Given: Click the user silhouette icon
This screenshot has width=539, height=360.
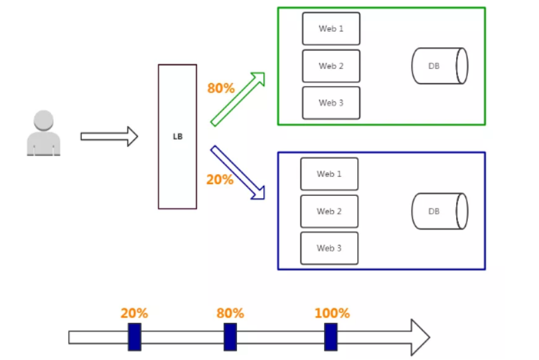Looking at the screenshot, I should pos(44,134).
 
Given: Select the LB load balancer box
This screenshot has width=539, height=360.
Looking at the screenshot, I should pos(177,136).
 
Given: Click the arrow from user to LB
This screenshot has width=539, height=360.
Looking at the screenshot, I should pos(109,137).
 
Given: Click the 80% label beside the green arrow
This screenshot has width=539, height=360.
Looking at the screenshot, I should pos(220,87).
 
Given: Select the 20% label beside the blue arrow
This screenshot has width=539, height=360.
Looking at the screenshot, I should pos(220,179).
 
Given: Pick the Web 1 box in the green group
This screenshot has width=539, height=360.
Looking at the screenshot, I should pos(331,29).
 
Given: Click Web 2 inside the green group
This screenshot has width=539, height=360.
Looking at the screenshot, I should pos(331,66).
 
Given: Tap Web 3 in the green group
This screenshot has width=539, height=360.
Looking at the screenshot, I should pos(331,103).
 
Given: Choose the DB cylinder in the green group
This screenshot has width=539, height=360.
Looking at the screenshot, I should pos(439,66).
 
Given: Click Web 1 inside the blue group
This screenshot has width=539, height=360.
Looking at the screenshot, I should pos(329,174).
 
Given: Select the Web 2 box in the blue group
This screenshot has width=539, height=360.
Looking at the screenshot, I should pos(329,211).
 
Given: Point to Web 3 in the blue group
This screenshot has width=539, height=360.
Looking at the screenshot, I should pos(329,248).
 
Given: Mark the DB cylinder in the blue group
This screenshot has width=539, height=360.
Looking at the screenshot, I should pos(439,211).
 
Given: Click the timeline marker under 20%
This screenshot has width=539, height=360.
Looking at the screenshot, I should pos(135,337).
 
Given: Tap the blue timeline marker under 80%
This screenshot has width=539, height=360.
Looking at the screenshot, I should pos(230,337).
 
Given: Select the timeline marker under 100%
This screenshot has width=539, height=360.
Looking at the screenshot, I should pos(331,337).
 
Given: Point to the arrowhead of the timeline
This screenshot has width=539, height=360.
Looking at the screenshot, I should pos(420,337).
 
